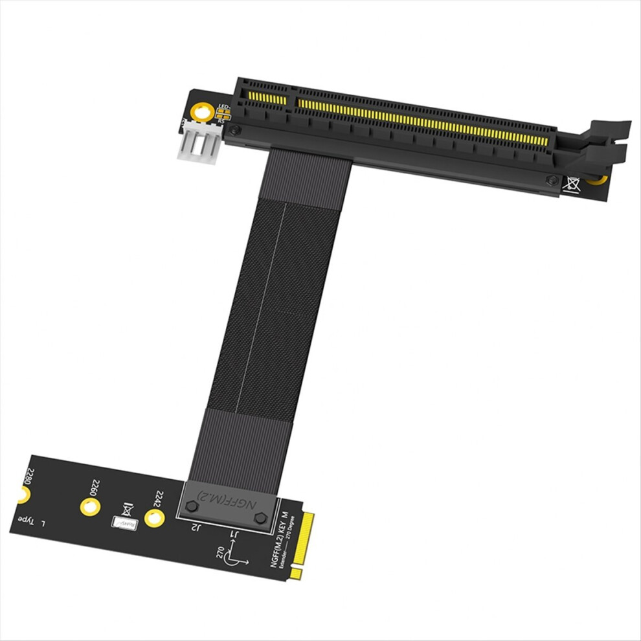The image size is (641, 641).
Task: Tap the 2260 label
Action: (x=95, y=488)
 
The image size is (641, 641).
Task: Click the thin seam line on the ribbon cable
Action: (x=263, y=311)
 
